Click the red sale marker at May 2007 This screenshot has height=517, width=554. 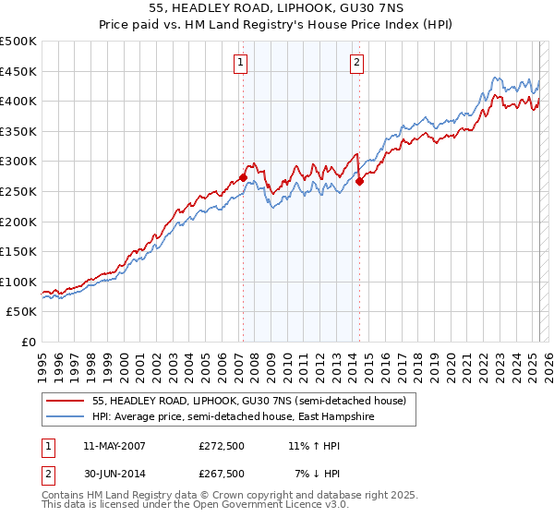(243, 178)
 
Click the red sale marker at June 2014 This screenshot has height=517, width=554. (359, 181)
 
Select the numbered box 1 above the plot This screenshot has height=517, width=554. (240, 63)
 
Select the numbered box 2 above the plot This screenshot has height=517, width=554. (356, 63)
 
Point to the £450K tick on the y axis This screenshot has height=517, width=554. (19, 71)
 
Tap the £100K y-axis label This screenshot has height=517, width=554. (19, 282)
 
